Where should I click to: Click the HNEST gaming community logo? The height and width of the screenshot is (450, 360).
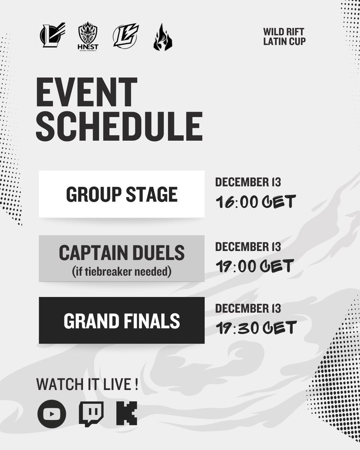[87, 36]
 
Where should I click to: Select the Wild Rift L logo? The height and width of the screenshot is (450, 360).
[52, 35]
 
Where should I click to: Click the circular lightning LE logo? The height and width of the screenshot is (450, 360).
[126, 36]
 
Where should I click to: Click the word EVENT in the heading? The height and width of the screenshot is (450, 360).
[87, 93]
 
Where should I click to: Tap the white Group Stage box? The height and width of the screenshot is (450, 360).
[121, 194]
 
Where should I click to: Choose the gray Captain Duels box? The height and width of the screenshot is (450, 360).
[121, 258]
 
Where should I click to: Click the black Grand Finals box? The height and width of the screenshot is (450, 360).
[121, 320]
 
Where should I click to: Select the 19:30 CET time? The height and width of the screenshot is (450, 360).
[256, 328]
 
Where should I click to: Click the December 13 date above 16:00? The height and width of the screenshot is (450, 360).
[248, 183]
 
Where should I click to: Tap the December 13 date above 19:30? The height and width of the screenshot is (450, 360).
[248, 309]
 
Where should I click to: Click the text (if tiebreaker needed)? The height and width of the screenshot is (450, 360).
[121, 271]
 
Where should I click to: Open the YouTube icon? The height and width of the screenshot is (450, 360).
[52, 414]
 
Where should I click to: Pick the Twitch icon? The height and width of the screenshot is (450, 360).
[91, 414]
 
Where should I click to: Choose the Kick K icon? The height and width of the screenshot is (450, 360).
[126, 414]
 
